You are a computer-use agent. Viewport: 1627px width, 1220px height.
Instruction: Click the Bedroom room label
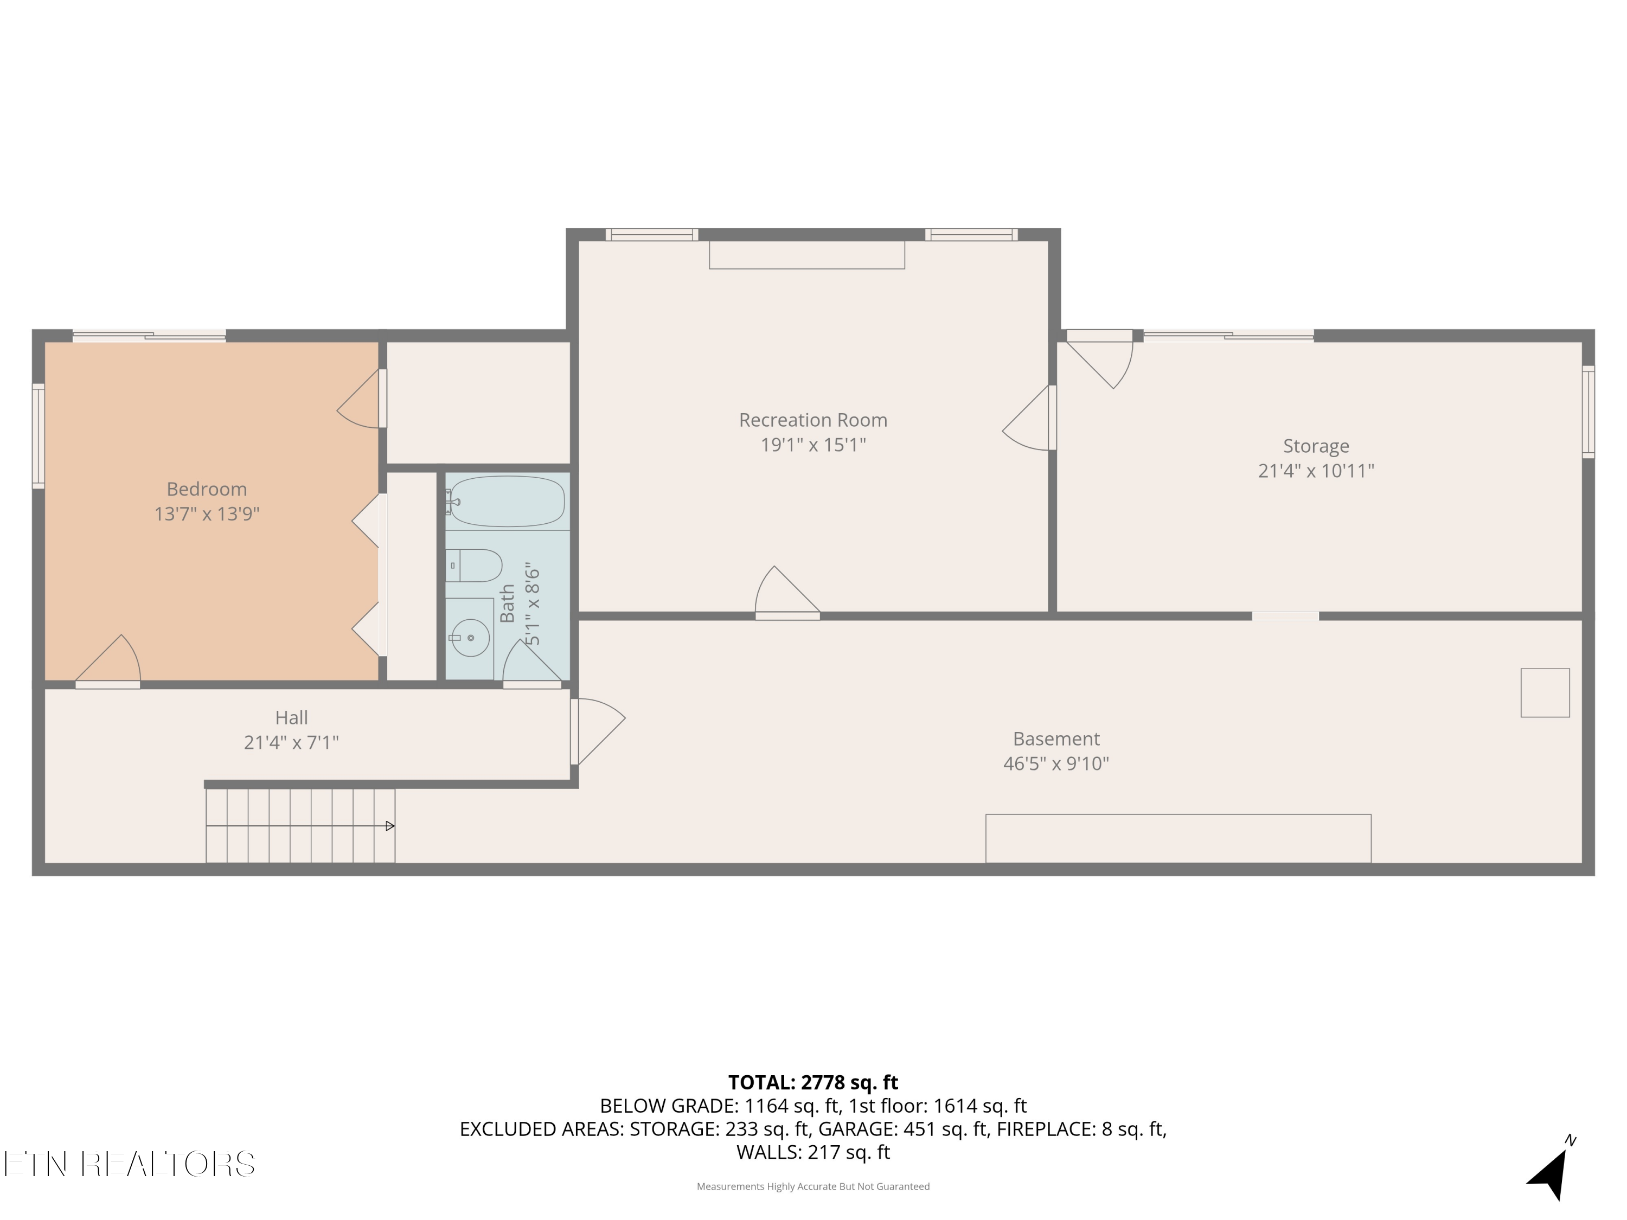(207, 489)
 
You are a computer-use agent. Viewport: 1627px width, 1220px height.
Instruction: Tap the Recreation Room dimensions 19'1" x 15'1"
(813, 445)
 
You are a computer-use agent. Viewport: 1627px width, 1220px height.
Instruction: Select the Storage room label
(1316, 446)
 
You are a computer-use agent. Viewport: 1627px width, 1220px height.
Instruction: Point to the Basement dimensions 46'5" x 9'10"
(1056, 763)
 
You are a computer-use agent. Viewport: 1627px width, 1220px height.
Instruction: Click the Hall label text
(291, 718)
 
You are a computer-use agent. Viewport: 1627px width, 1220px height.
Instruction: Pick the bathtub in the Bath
(506, 502)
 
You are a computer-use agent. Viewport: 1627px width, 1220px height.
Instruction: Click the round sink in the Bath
(470, 638)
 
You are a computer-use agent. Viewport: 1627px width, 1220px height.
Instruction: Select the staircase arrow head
(390, 826)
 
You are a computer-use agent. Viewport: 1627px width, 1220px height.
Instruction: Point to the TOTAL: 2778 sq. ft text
(813, 1082)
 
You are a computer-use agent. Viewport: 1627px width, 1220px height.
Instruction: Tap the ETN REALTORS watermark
(130, 1164)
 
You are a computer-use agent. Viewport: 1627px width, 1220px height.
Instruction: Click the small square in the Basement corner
(1545, 693)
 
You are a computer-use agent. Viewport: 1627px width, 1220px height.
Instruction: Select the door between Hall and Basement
(597, 731)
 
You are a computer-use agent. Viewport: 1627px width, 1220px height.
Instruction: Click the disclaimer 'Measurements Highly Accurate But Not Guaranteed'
(813, 1186)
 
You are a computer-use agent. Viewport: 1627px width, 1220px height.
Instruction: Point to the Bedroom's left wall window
(39, 436)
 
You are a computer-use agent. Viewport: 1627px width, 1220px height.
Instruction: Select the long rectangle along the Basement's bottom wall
(1178, 838)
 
